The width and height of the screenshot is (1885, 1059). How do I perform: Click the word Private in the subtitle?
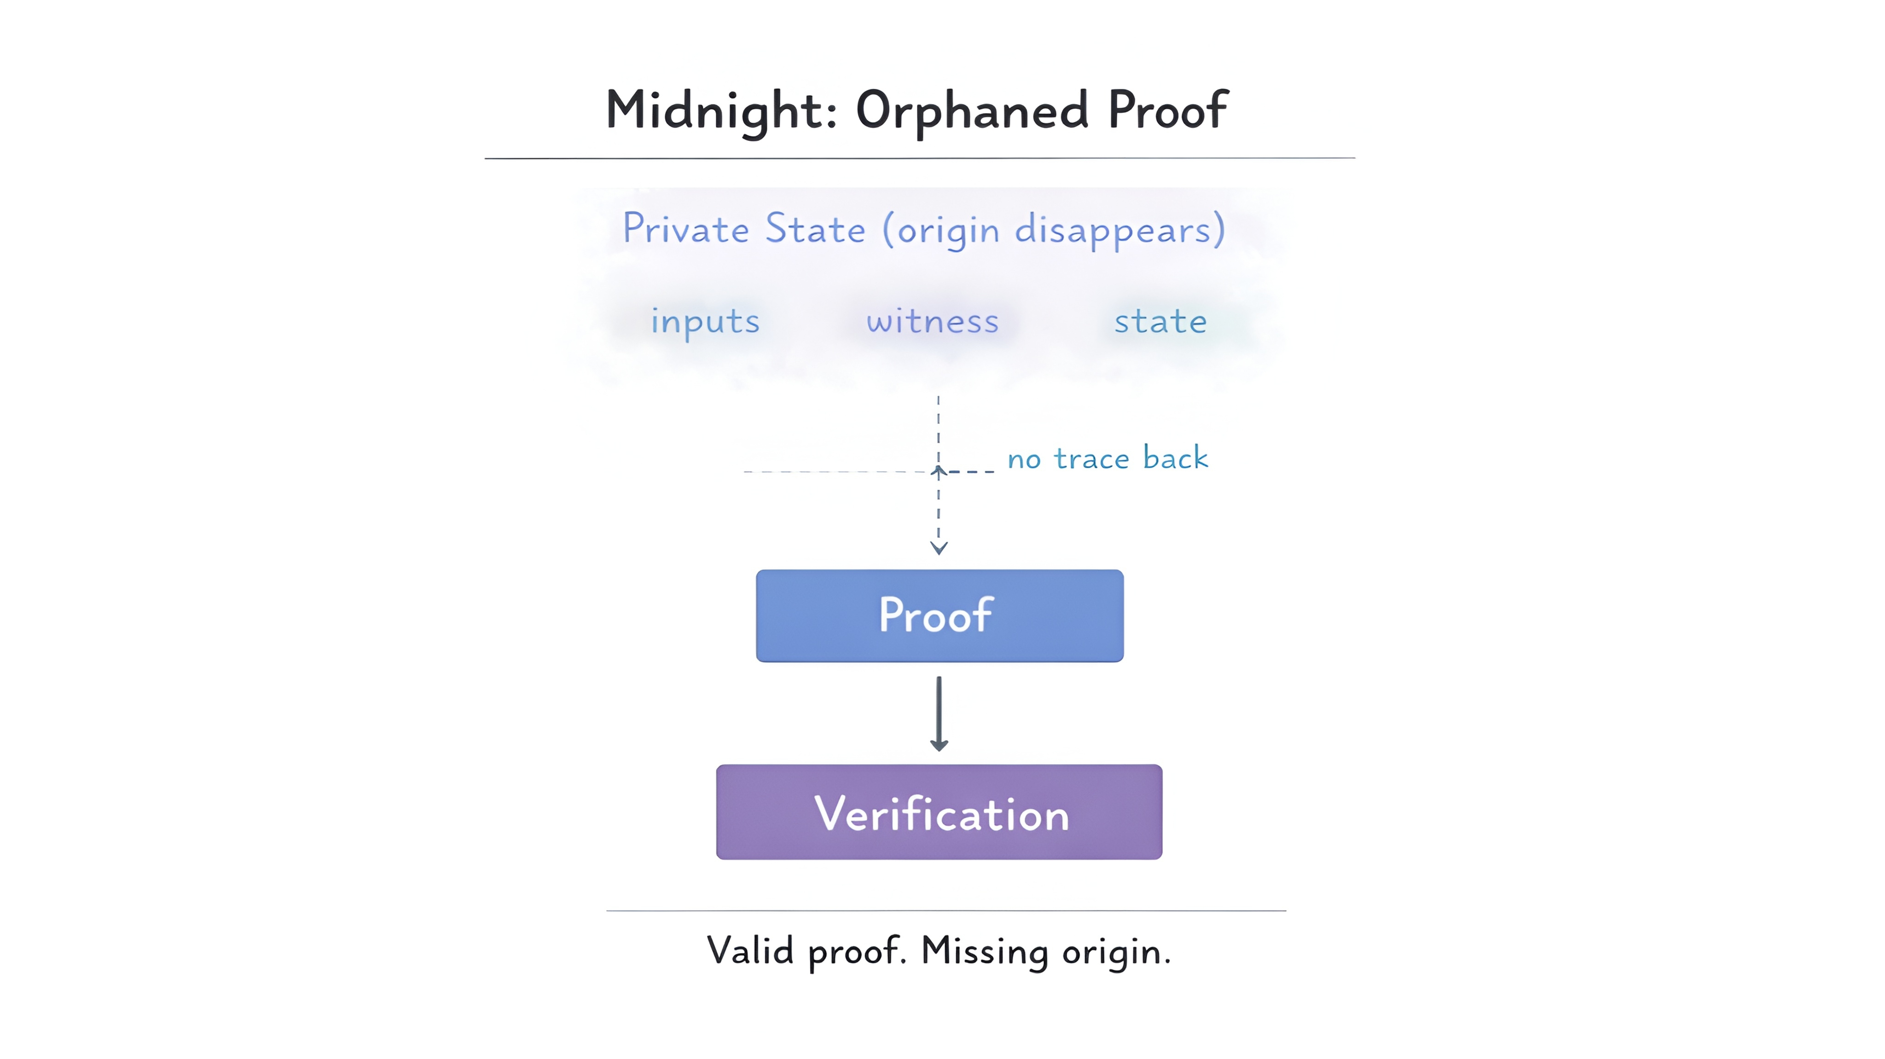[686, 229]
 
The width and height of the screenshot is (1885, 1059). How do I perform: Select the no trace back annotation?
[1108, 458]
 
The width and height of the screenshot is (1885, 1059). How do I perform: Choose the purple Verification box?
[939, 812]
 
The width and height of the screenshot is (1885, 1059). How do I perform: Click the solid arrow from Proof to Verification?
[939, 713]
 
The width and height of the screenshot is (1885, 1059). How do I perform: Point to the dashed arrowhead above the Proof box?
[939, 547]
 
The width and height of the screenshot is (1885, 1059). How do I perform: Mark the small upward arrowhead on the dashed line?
[939, 470]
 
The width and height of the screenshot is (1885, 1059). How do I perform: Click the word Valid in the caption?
[750, 951]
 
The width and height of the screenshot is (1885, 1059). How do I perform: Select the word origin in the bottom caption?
[1116, 952]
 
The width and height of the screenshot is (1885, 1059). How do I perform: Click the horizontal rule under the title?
[920, 158]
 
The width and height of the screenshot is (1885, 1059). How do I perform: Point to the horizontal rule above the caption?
[946, 910]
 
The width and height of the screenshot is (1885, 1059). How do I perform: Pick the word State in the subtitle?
[815, 229]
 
